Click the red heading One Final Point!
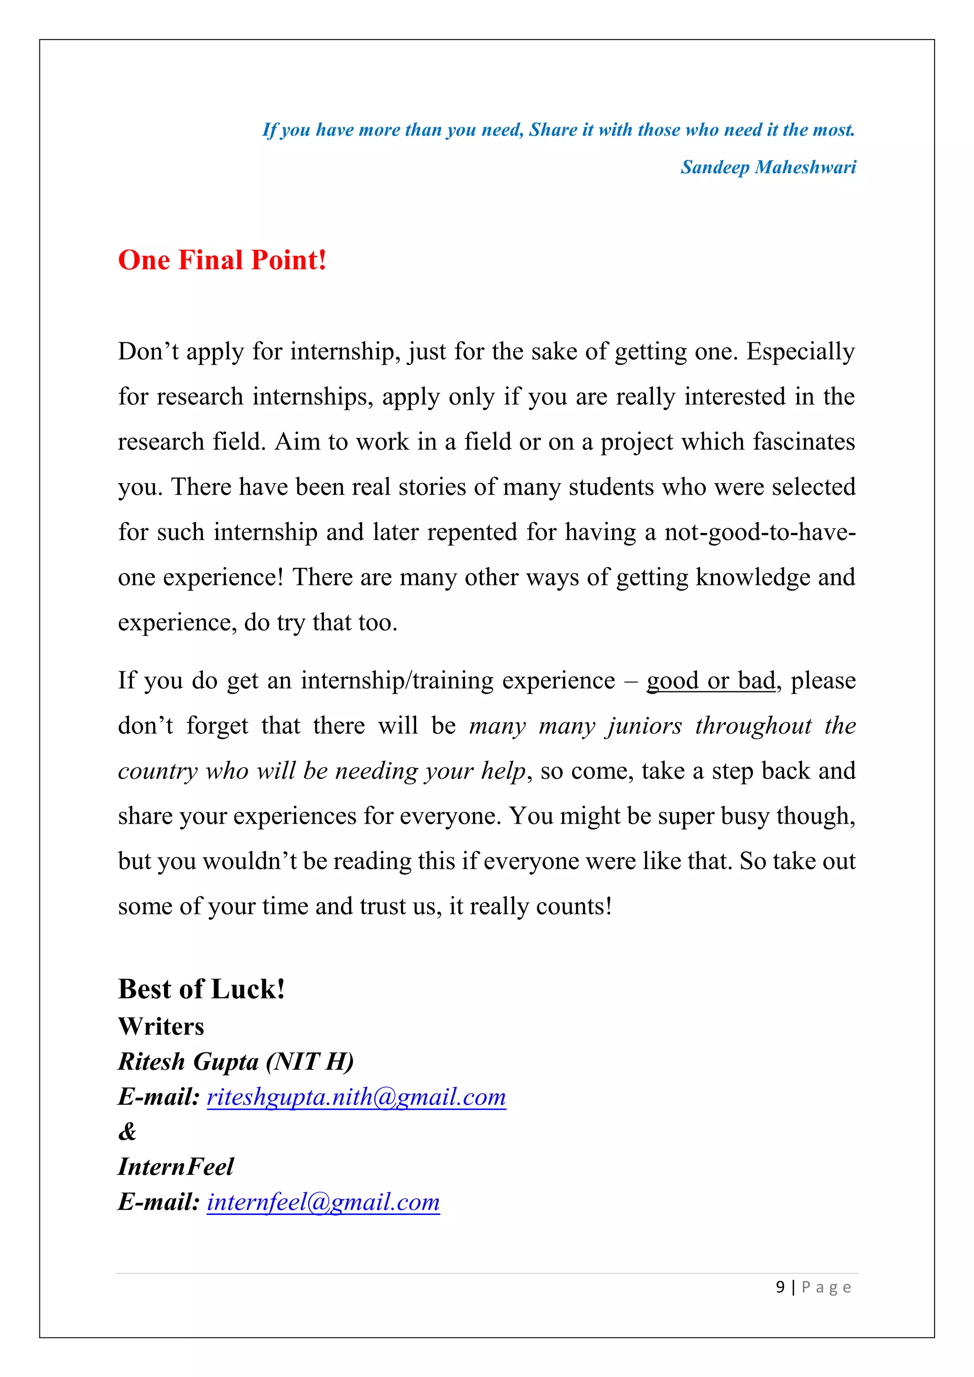222,260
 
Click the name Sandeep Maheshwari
768,167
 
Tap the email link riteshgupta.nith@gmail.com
356,1097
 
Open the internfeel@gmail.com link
323,1202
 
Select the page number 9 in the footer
779,1287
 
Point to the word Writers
161,1027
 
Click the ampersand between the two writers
127,1132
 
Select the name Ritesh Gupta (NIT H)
236,1062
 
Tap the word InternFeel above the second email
175,1166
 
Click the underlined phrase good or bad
711,681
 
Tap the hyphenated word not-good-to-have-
760,533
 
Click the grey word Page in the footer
826,1287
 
